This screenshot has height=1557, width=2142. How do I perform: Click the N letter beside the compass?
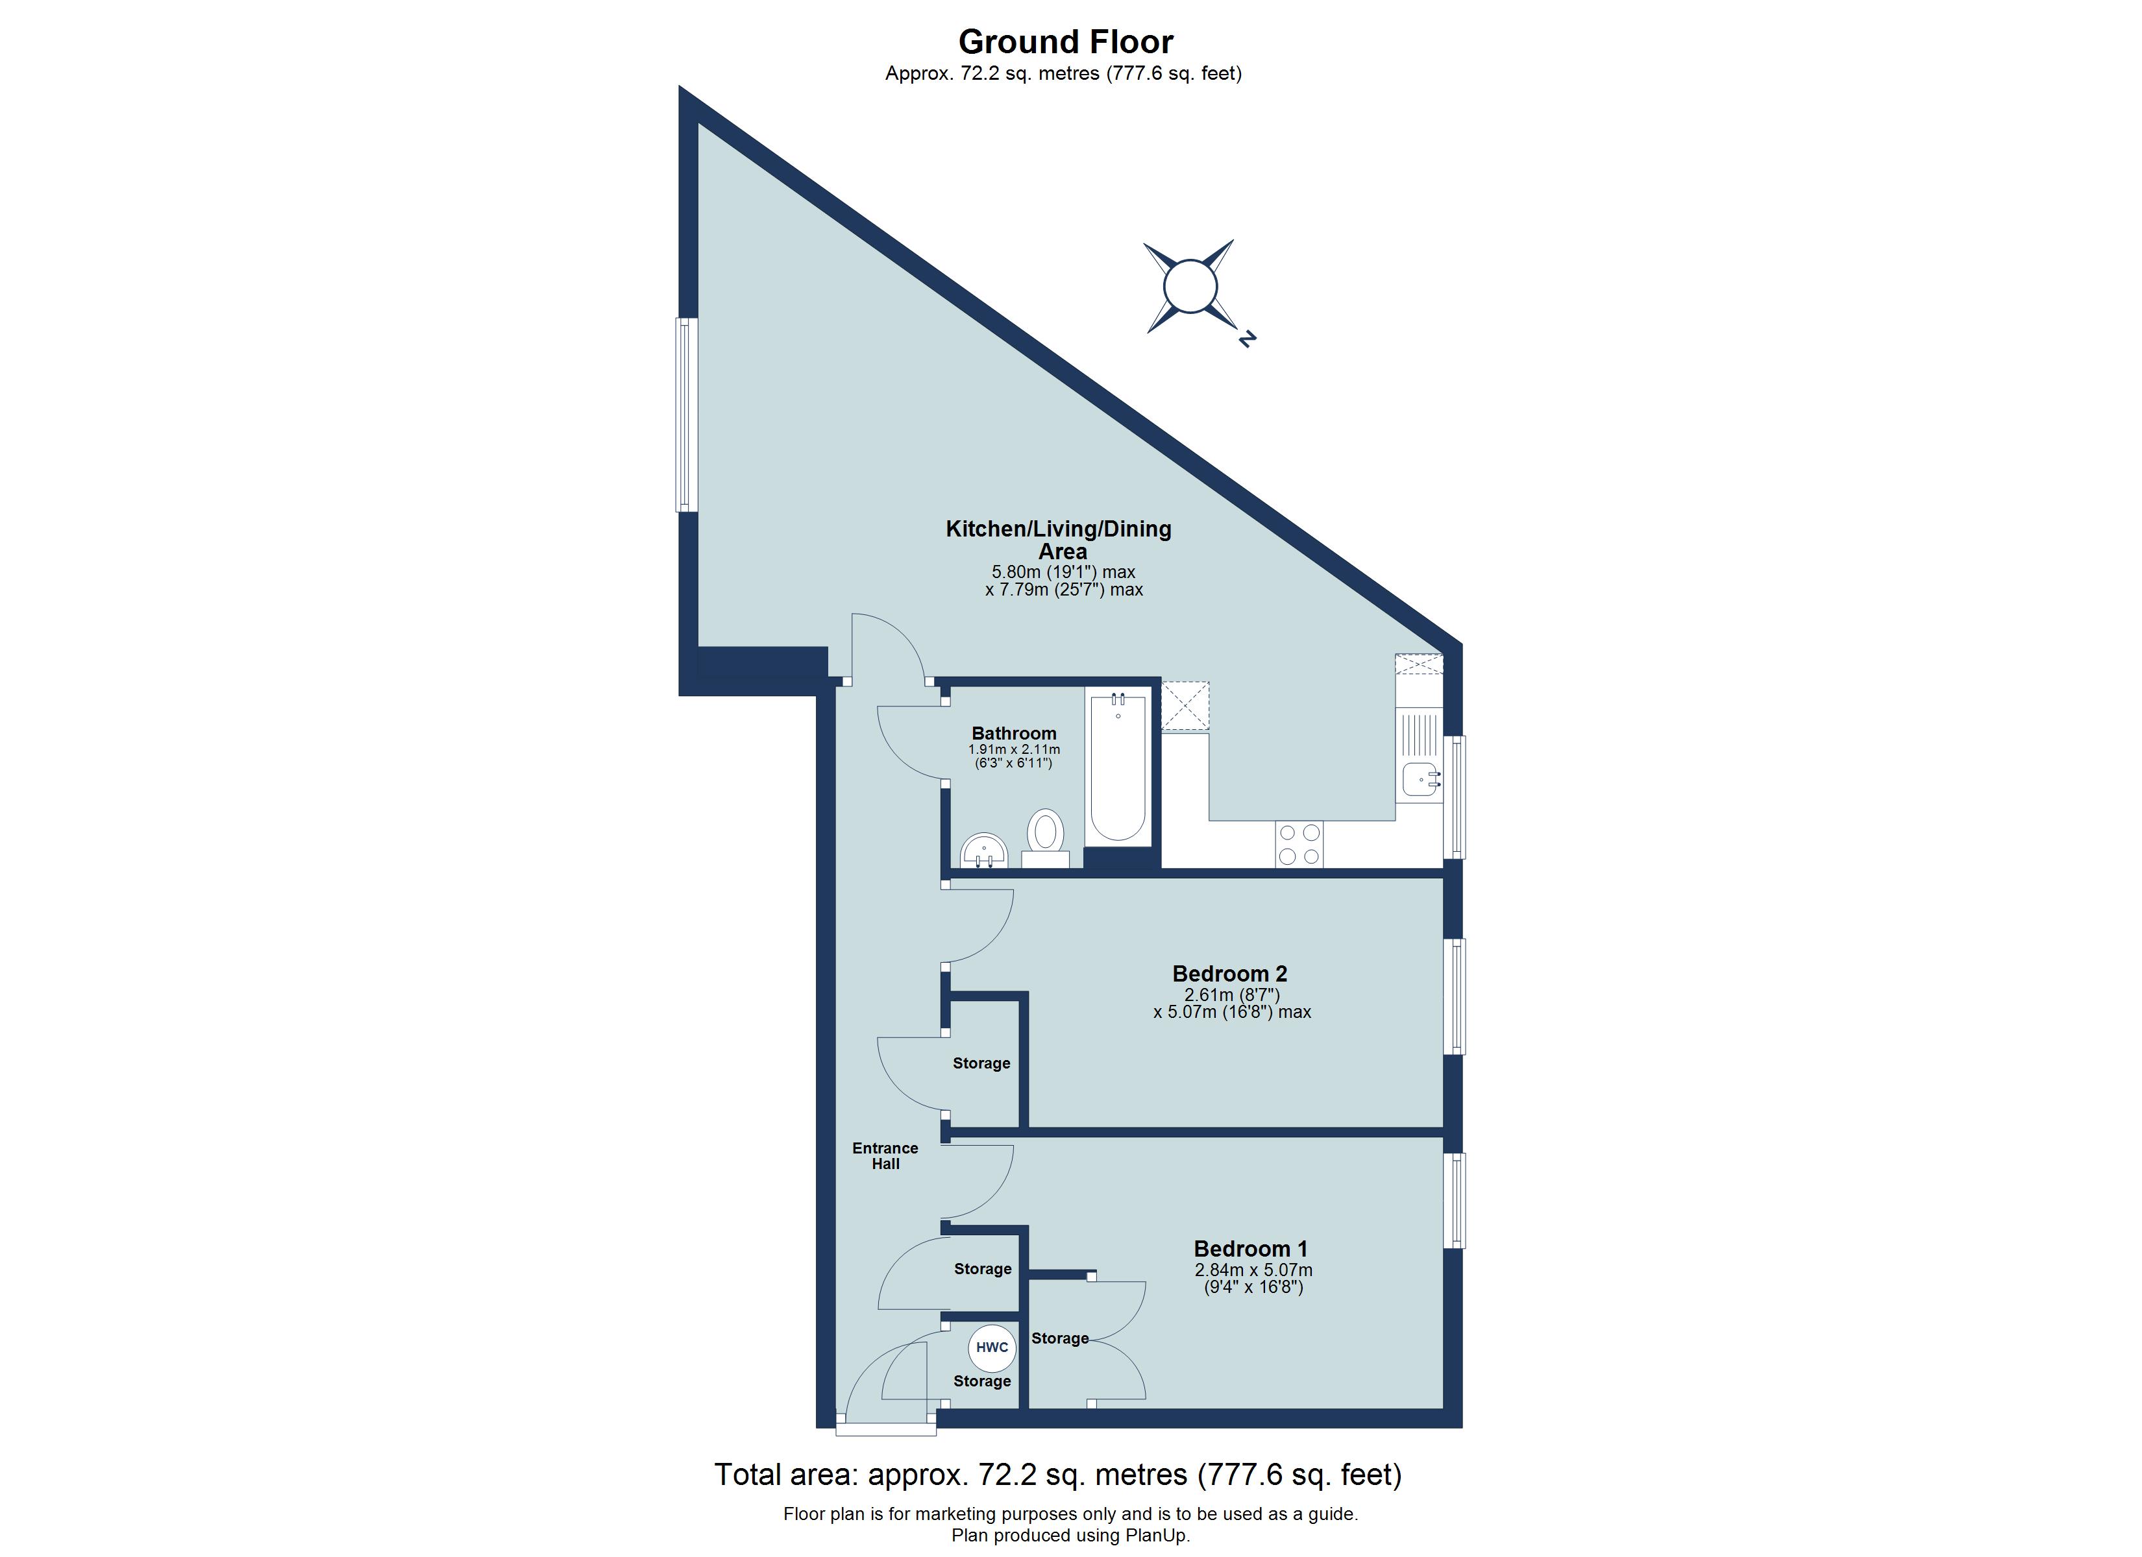(1247, 338)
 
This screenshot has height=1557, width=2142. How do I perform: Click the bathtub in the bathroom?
(1118, 767)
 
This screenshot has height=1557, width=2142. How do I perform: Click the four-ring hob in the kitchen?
(1299, 844)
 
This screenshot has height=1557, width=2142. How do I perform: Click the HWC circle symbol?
(992, 1347)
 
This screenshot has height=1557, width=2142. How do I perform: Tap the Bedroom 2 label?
(1229, 974)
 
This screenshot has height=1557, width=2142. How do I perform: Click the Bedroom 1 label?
(1250, 1249)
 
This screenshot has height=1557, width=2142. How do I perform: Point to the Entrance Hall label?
(885, 1155)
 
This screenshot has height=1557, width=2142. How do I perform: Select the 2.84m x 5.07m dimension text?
(1253, 1271)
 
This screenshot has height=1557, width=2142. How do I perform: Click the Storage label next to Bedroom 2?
(981, 1063)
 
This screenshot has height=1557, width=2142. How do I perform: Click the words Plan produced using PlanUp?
(1070, 1536)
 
